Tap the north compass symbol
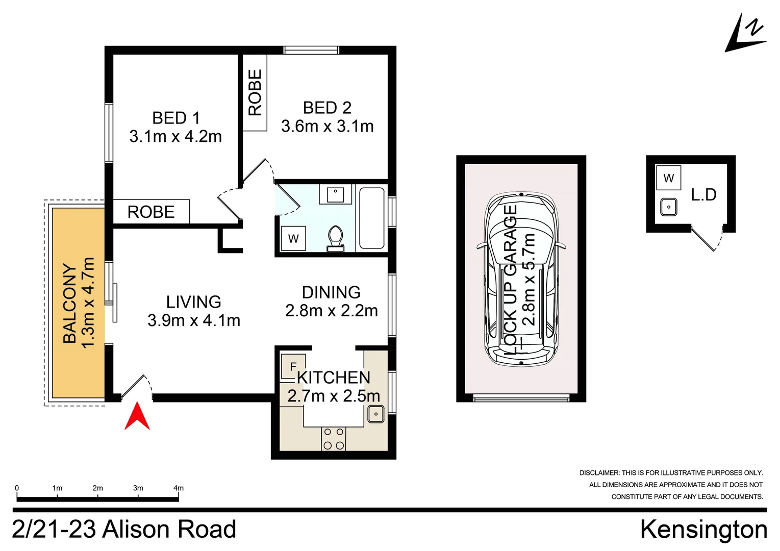(x=745, y=34)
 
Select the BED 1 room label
(x=176, y=118)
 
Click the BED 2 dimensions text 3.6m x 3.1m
(x=328, y=126)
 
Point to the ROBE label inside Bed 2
(x=255, y=93)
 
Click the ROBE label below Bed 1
(x=151, y=212)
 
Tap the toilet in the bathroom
(x=335, y=238)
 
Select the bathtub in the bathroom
(x=371, y=218)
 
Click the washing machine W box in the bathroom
(x=293, y=238)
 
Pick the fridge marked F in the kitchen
(x=293, y=366)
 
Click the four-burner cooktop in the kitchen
(x=333, y=439)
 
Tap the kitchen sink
(x=376, y=414)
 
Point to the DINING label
(x=331, y=292)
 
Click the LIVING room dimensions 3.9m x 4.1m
(x=194, y=320)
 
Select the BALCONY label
(x=70, y=303)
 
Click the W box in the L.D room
(x=669, y=178)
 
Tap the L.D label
(x=703, y=194)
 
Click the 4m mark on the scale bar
(x=179, y=488)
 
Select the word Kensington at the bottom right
(x=703, y=529)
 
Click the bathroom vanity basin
(x=335, y=194)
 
